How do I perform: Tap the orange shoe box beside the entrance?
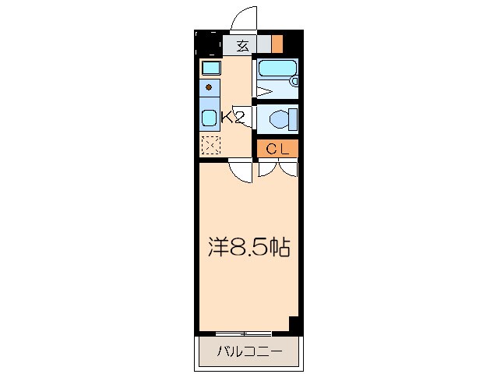[x=277, y=44]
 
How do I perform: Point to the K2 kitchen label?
[x=233, y=118]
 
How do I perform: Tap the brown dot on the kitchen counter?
[x=209, y=87]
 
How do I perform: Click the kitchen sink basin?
[x=210, y=119]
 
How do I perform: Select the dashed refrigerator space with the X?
[x=210, y=145]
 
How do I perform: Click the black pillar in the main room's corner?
[x=294, y=323]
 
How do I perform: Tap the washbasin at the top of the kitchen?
[x=210, y=68]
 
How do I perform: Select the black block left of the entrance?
[x=208, y=44]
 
